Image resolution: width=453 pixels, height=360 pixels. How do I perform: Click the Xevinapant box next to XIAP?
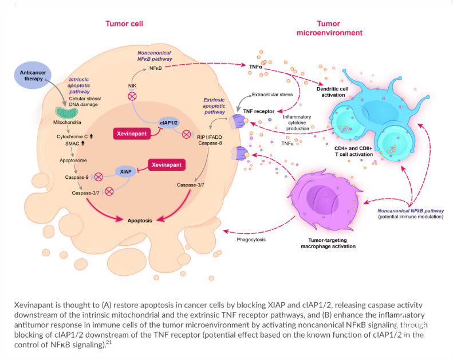pyautogui.click(x=167, y=165)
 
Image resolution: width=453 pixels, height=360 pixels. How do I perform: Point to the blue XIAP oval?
pyautogui.click(x=127, y=171)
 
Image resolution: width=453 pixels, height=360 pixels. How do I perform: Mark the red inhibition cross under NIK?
pyautogui.click(x=132, y=96)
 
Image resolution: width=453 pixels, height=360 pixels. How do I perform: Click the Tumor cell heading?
pyautogui.click(x=124, y=24)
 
